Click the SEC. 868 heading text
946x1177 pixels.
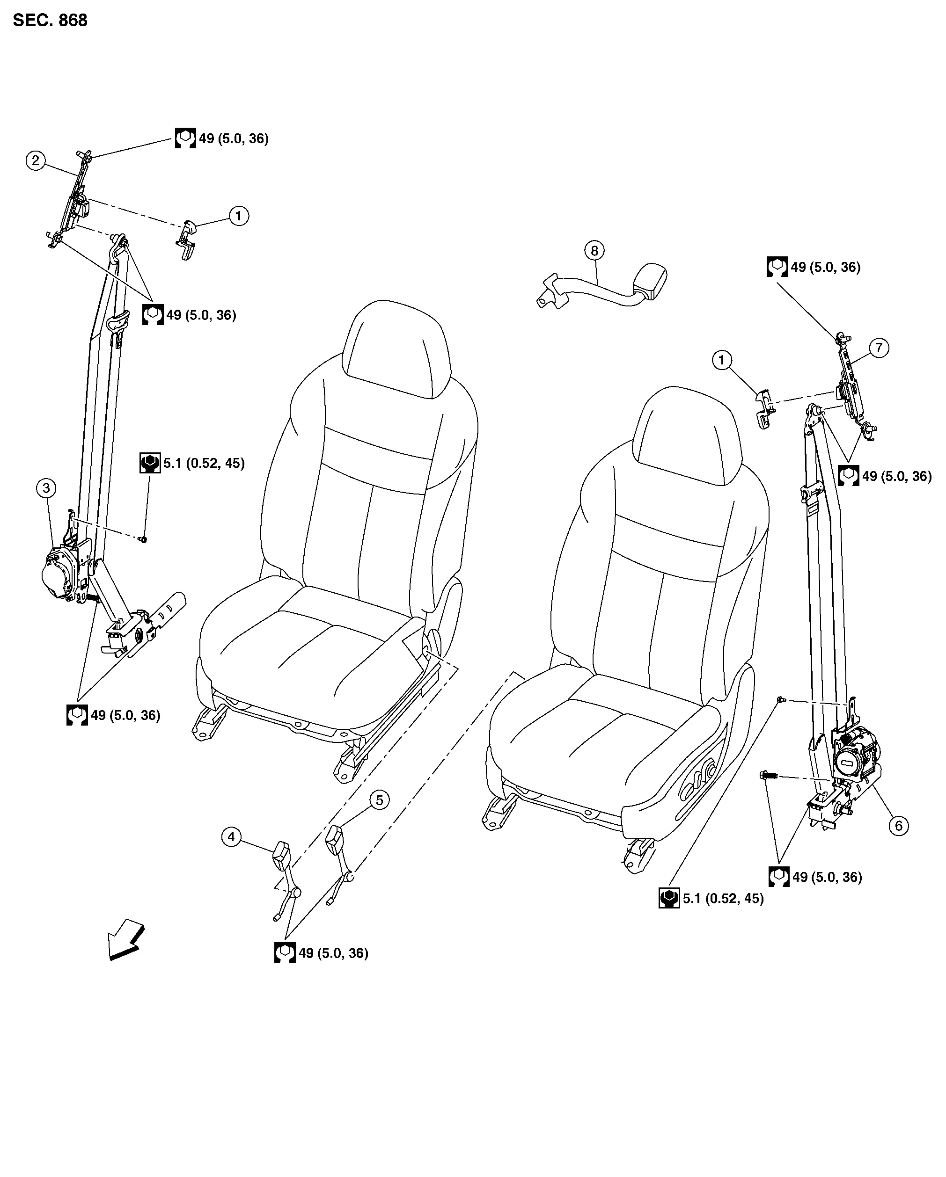[50, 20]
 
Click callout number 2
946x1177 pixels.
[36, 160]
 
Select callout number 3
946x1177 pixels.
[46, 487]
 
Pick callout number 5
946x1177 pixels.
[380, 800]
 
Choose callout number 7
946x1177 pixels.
[879, 347]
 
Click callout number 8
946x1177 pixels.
[594, 251]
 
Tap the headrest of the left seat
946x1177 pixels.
[397, 349]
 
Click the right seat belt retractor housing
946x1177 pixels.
[855, 762]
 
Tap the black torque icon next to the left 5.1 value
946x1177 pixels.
[150, 463]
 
